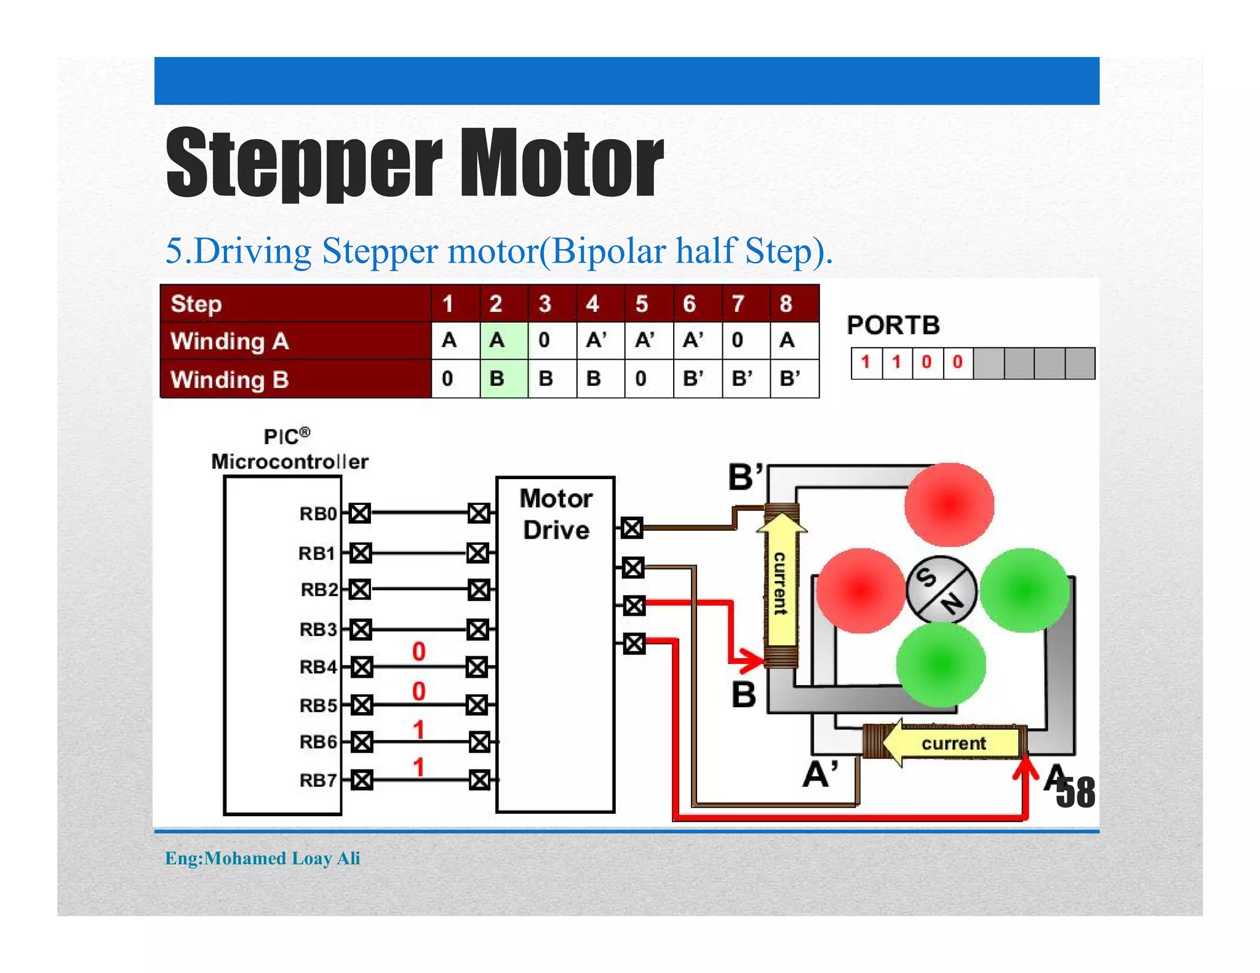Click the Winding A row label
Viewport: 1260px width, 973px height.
tap(229, 341)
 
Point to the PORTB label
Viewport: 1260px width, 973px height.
tap(893, 325)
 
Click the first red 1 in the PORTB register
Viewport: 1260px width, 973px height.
tap(866, 362)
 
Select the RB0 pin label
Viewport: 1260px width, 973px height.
tap(318, 514)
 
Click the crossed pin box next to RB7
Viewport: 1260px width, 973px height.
tap(361, 780)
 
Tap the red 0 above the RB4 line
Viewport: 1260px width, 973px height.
tap(419, 651)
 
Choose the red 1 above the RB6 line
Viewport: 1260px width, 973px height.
tap(419, 730)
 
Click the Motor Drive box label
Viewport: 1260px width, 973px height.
tap(556, 514)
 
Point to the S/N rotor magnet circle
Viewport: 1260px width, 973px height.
tap(941, 589)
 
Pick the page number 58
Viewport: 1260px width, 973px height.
tap(1076, 793)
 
